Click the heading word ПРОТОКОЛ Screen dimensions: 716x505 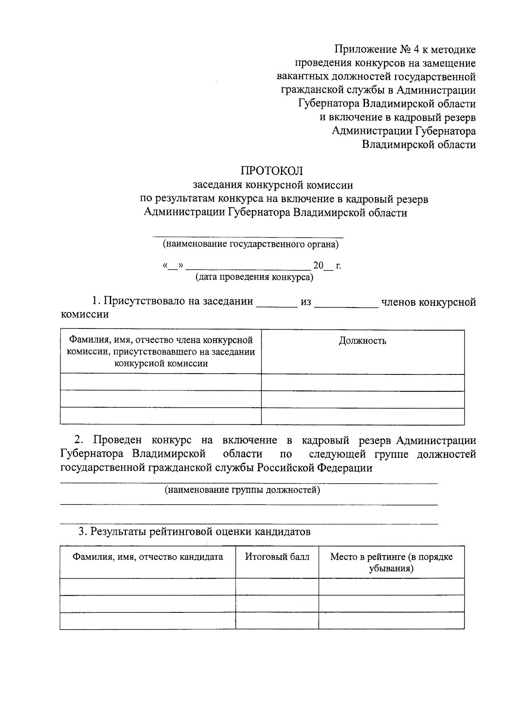pos(271,171)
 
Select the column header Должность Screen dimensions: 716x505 pos(362,341)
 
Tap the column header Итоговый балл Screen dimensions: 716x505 pos(277,557)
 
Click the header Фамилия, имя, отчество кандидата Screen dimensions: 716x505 pos(148,557)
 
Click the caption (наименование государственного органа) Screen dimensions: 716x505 pos(251,244)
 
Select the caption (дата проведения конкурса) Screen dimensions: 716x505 pos(254,277)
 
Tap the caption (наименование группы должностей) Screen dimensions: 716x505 pos(242,490)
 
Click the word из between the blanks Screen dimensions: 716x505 pos(306,302)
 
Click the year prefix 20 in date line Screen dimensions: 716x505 pos(318,266)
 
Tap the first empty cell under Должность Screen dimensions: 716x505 pos(362,382)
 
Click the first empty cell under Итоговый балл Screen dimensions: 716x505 pos(277,586)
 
